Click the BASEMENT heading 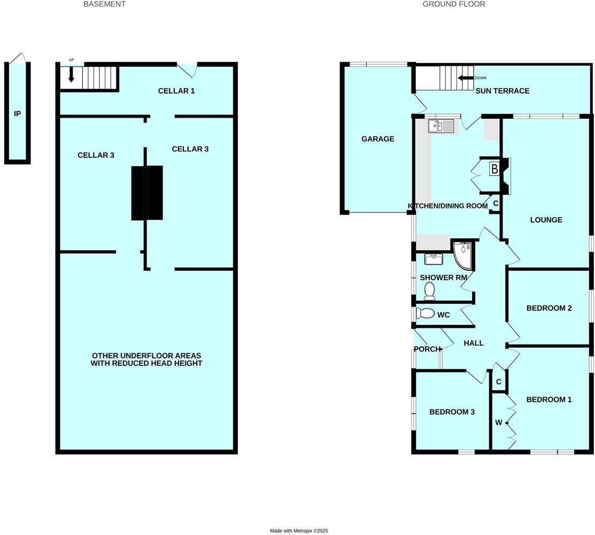pos(104,4)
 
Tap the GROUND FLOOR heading pos(453,4)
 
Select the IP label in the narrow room pos(17,114)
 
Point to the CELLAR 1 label pos(176,91)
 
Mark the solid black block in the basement pos(147,193)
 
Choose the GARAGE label pos(377,139)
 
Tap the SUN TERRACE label pos(503,91)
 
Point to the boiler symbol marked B pos(494,169)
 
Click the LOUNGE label pos(546,220)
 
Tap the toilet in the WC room pos(426,313)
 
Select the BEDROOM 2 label pos(549,308)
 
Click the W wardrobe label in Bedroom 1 pos(498,423)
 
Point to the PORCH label pos(427,349)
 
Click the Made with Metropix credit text pos(298,531)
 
